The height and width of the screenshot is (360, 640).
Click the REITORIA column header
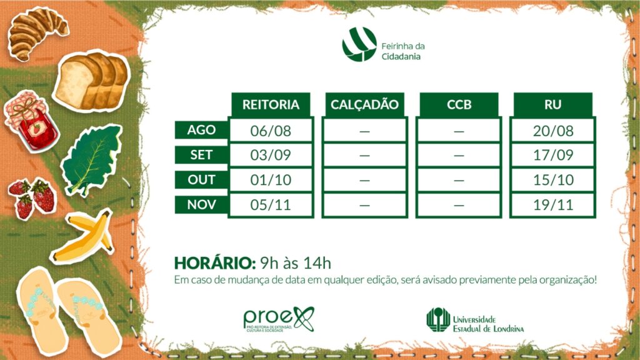[x=271, y=104]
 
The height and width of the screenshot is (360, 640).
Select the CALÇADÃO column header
[x=364, y=104]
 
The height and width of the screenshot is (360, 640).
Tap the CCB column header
[x=459, y=104]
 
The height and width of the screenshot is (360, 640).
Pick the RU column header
[x=552, y=104]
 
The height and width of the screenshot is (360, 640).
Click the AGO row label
[x=201, y=130]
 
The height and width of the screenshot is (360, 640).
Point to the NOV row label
[x=201, y=204]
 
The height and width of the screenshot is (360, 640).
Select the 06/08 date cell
[x=271, y=131]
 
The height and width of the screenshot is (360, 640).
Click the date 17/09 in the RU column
[x=553, y=155]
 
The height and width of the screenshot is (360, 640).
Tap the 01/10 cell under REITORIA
[x=271, y=180]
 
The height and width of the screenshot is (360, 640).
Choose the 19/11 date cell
[x=553, y=205]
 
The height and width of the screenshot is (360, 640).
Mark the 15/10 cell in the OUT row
[x=553, y=180]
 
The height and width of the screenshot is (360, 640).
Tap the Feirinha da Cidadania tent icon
[x=359, y=44]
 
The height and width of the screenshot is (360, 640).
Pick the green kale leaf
[x=92, y=161]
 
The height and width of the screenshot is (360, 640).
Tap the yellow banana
[x=84, y=236]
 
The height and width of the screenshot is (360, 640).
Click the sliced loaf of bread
[x=92, y=82]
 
